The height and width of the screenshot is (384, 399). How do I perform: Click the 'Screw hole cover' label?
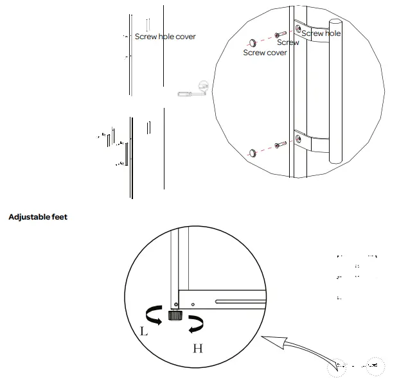pos(165,37)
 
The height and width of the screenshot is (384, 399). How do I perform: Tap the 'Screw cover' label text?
pos(265,53)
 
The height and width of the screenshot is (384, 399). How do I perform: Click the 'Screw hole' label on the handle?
pos(321,33)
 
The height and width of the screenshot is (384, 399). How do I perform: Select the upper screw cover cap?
pos(253,42)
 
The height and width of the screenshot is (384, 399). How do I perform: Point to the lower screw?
pos(279,146)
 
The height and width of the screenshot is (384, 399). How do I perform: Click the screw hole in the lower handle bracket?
pos(298,137)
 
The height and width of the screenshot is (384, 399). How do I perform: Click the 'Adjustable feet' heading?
pos(38,217)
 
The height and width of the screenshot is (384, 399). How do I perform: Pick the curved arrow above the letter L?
pos(153,314)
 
